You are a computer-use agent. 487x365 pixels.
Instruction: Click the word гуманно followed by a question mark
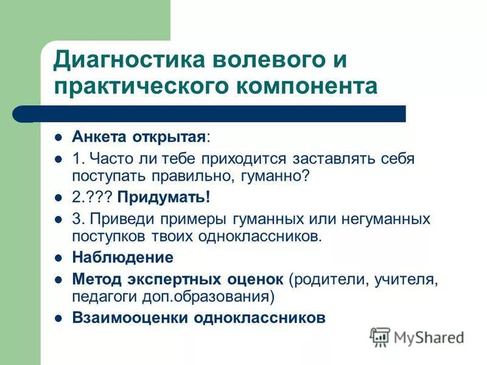tap(279, 176)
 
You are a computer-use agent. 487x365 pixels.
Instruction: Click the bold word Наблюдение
tap(122, 257)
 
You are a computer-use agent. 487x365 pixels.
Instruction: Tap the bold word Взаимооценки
tap(130, 318)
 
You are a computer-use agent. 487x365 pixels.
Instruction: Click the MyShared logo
tap(418, 336)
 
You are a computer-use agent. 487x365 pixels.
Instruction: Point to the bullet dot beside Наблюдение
tap(59, 258)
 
